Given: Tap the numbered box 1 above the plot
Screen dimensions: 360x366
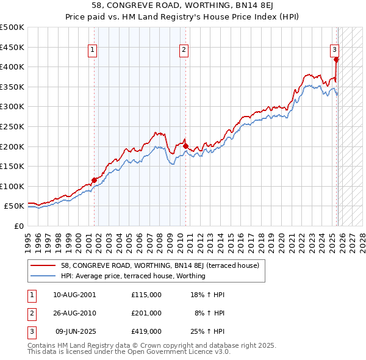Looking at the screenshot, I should click(92, 51).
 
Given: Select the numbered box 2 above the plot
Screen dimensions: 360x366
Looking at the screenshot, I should click(184, 51).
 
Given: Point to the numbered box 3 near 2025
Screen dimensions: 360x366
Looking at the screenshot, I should click(335, 51).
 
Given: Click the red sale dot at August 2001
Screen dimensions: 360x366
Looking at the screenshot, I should click(95, 180).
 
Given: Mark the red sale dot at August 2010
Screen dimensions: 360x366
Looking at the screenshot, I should click(185, 146).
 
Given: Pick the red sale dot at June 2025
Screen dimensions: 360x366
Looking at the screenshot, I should click(336, 59).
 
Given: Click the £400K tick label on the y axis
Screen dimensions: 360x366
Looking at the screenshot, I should click(12, 67).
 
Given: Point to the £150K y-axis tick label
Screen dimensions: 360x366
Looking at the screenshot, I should click(12, 166).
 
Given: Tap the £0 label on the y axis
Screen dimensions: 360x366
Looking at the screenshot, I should click(18, 226).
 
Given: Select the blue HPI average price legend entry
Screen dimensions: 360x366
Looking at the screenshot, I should click(133, 276).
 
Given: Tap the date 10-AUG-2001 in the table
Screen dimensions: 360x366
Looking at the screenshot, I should click(74, 295).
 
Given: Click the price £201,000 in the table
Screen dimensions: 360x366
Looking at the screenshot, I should click(146, 313).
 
